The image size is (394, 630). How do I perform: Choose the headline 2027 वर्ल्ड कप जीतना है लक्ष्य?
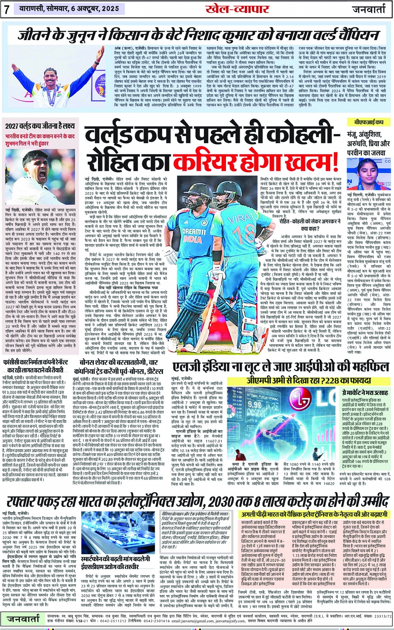pos(40,125)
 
